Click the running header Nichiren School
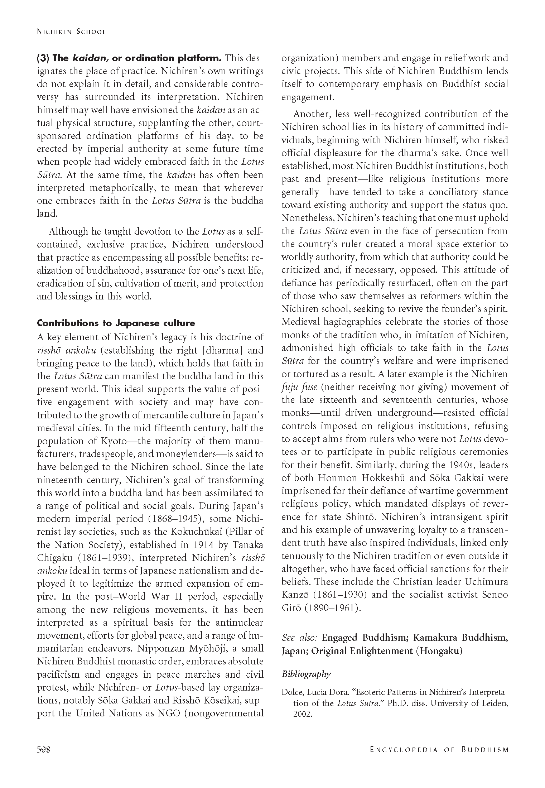tap(71, 32)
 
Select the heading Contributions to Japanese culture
tap(116, 323)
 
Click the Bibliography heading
tap(306, 674)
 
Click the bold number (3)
tap(44, 58)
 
